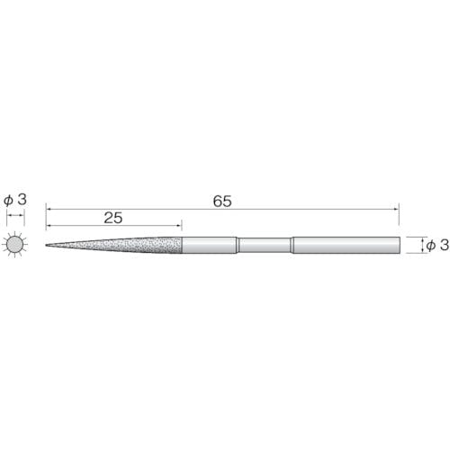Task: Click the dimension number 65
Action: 222,202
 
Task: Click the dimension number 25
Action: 113,218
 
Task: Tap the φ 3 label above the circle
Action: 15,200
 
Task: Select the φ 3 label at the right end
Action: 437,245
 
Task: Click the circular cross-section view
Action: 15,245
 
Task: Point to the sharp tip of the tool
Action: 46,245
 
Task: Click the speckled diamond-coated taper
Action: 114,245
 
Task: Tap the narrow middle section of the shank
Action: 265,245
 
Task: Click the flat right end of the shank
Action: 400,245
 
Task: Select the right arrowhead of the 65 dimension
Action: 396,209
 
